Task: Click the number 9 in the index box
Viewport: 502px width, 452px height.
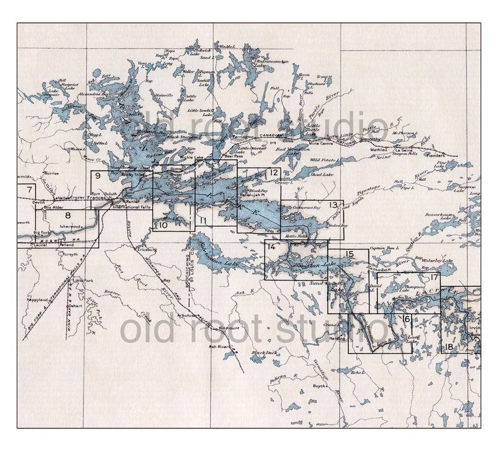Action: click(x=97, y=176)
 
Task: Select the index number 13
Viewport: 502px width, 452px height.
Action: click(x=333, y=205)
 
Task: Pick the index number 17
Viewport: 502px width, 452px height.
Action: click(x=434, y=278)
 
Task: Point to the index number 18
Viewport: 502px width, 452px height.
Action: click(x=448, y=347)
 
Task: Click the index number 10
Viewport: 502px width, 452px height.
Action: click(x=162, y=224)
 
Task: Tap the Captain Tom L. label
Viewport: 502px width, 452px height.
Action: click(x=385, y=248)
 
